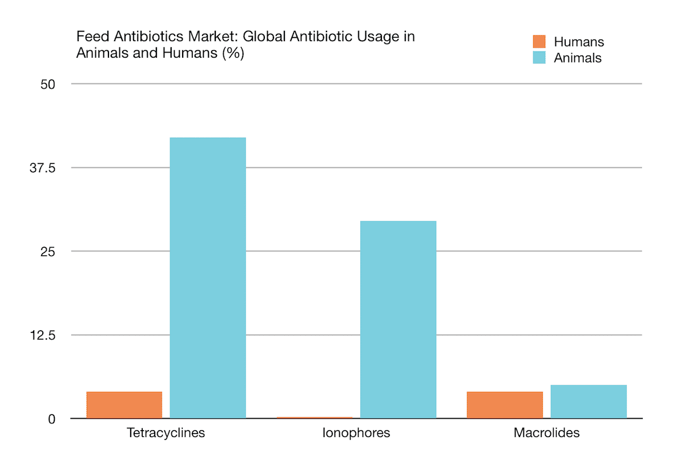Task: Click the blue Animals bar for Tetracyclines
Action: click(x=208, y=278)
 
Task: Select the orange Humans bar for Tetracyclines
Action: click(x=124, y=405)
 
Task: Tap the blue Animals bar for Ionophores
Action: click(x=398, y=319)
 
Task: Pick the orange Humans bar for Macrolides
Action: click(x=505, y=405)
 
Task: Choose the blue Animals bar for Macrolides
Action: click(x=589, y=402)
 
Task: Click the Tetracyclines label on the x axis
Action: click(x=166, y=433)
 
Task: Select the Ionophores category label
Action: click(x=356, y=433)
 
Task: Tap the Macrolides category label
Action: click(x=546, y=433)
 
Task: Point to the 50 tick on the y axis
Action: click(x=47, y=85)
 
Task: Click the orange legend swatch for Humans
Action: click(x=539, y=42)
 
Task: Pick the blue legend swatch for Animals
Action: click(x=539, y=58)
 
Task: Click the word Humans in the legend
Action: click(x=579, y=42)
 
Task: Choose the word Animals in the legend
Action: click(x=578, y=58)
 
